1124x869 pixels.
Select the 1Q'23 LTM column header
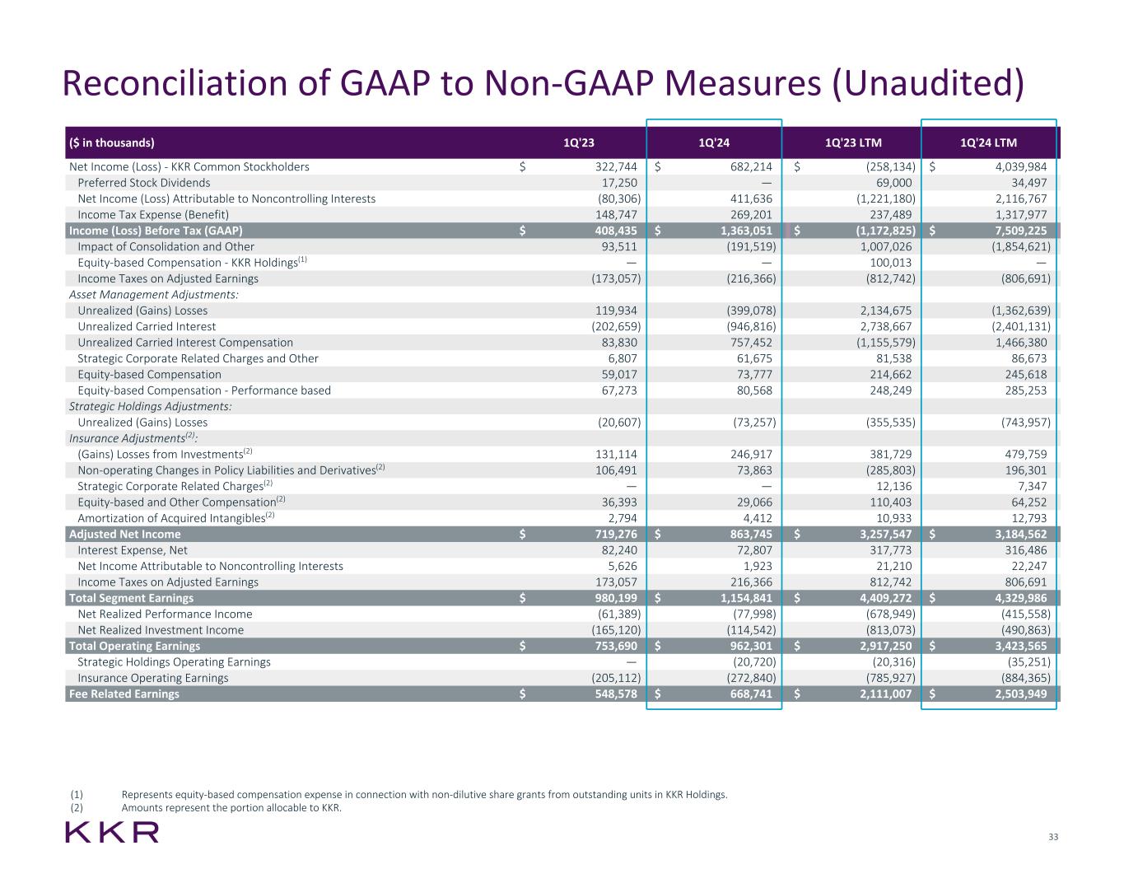[x=853, y=142]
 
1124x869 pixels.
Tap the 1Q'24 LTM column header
[x=988, y=142]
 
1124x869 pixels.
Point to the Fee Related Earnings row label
[x=124, y=694]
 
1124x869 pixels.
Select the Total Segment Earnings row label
[x=131, y=598]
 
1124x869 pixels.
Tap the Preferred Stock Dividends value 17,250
[x=619, y=183]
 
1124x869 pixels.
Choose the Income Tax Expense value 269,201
[x=749, y=215]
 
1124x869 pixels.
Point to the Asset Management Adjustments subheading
[x=154, y=295]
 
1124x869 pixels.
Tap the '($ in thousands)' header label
[x=111, y=142]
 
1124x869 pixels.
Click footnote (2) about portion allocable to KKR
[x=231, y=808]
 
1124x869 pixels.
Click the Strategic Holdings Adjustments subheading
[x=150, y=406]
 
